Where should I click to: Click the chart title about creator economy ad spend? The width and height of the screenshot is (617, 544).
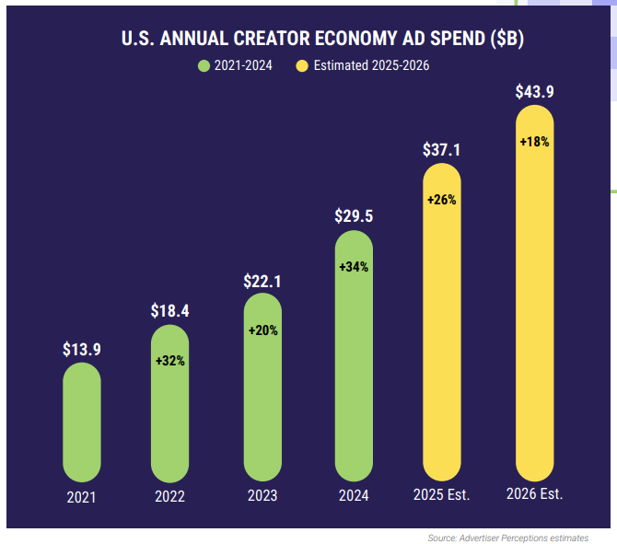click(317, 39)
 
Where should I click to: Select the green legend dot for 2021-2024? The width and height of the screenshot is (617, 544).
click(204, 65)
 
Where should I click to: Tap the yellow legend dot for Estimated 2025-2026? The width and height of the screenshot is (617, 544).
click(302, 65)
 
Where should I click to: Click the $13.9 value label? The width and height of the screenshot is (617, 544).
click(81, 349)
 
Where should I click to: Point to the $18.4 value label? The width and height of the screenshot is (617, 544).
click(170, 311)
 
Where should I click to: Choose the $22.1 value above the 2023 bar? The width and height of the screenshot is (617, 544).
click(262, 280)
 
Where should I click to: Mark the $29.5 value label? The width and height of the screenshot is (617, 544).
click(354, 216)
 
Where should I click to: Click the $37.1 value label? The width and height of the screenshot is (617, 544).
click(442, 149)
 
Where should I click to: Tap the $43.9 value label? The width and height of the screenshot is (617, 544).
click(534, 91)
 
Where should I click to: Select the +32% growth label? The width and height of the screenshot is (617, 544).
click(170, 361)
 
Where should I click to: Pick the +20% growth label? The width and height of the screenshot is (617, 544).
click(262, 330)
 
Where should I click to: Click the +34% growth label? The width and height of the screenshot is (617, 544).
click(354, 267)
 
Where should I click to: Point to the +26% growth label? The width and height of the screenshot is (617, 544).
click(442, 199)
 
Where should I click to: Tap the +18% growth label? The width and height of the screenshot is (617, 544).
click(534, 142)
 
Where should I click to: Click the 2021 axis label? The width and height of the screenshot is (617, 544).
click(81, 497)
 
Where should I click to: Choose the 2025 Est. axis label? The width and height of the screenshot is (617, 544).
click(442, 494)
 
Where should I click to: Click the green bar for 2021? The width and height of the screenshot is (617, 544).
click(81, 423)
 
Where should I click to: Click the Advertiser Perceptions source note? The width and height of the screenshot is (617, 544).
click(508, 538)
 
